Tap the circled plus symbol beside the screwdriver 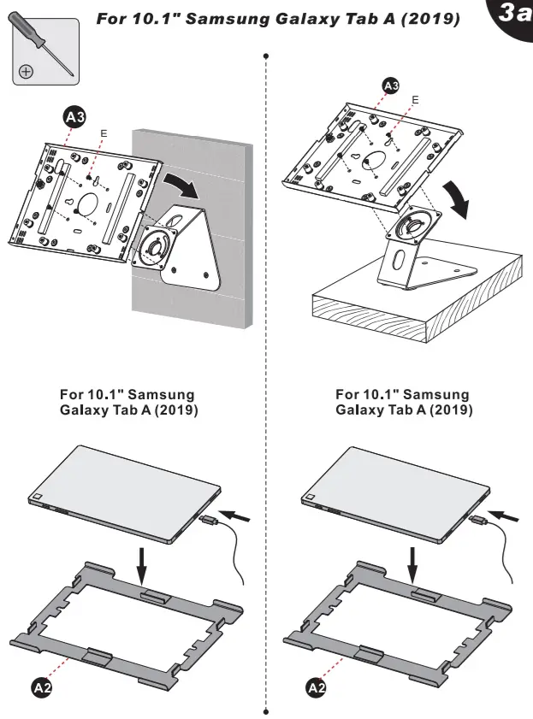coord(27,71)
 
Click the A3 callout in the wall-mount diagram coord(74,118)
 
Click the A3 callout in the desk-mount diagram coord(390,85)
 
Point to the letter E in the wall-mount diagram coord(104,133)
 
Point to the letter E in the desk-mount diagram coord(415,100)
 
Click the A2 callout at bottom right coord(316,686)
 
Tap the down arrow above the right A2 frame coord(414,566)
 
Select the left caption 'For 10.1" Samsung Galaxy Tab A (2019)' coord(127,402)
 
